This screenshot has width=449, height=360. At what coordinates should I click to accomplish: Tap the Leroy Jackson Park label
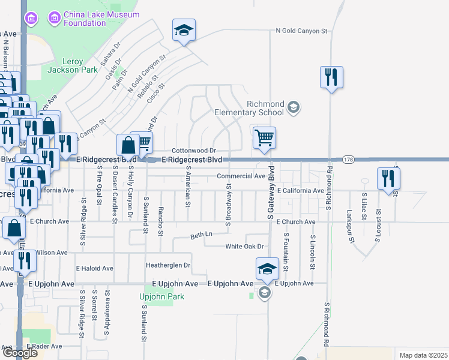point(80,65)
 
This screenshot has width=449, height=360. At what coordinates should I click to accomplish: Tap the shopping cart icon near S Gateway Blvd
point(264,138)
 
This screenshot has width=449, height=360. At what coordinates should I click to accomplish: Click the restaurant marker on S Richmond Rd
point(331,77)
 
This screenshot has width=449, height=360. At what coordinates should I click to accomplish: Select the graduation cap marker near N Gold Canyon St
point(184,31)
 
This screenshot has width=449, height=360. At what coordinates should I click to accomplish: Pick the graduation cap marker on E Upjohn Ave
point(267,269)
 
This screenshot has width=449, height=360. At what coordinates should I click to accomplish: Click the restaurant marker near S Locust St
point(388,178)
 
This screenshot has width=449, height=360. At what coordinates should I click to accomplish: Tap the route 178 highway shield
point(348,160)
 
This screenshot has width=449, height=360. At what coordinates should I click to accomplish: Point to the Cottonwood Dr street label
point(193,151)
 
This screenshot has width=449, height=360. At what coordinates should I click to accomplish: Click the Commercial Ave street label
point(241,176)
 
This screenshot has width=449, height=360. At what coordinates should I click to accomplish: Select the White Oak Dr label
point(244,247)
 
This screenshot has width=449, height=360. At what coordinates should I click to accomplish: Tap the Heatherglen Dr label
point(168,265)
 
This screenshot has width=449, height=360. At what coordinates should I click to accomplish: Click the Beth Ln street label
point(202,234)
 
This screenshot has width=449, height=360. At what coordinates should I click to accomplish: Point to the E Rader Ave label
point(44,346)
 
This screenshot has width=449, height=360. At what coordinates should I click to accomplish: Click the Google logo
point(19,353)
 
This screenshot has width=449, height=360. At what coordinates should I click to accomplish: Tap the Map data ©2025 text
point(423,355)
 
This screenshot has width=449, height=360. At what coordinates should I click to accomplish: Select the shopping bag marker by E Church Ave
point(14,229)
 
